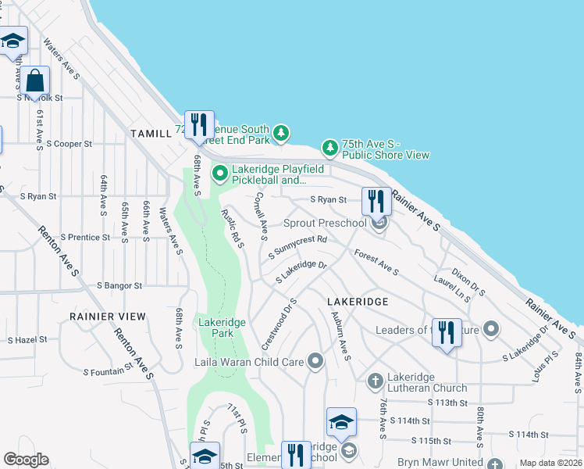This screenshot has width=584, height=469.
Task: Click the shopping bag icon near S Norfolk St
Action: pos(35,80)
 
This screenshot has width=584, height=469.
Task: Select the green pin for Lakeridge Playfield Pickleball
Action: pos(220,172)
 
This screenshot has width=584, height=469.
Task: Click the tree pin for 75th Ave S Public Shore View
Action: pos(330,147)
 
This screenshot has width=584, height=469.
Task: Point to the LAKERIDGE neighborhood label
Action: pos(357,301)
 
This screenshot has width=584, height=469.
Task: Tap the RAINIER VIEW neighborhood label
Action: pos(107,317)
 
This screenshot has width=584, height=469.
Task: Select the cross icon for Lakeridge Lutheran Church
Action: pos(375,381)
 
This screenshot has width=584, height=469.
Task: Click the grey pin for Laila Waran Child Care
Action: pos(315,361)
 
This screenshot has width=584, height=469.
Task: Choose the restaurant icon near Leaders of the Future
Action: pos(446,331)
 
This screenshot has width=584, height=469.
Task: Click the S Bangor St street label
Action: pos(119,287)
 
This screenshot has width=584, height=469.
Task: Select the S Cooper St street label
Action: pos(69,144)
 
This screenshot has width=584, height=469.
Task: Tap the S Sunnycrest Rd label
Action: pos(297,246)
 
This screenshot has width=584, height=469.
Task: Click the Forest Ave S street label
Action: pos(376,263)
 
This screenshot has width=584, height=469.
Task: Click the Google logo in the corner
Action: pos(25,460)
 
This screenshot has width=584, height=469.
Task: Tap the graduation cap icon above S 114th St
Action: pos(341,423)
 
